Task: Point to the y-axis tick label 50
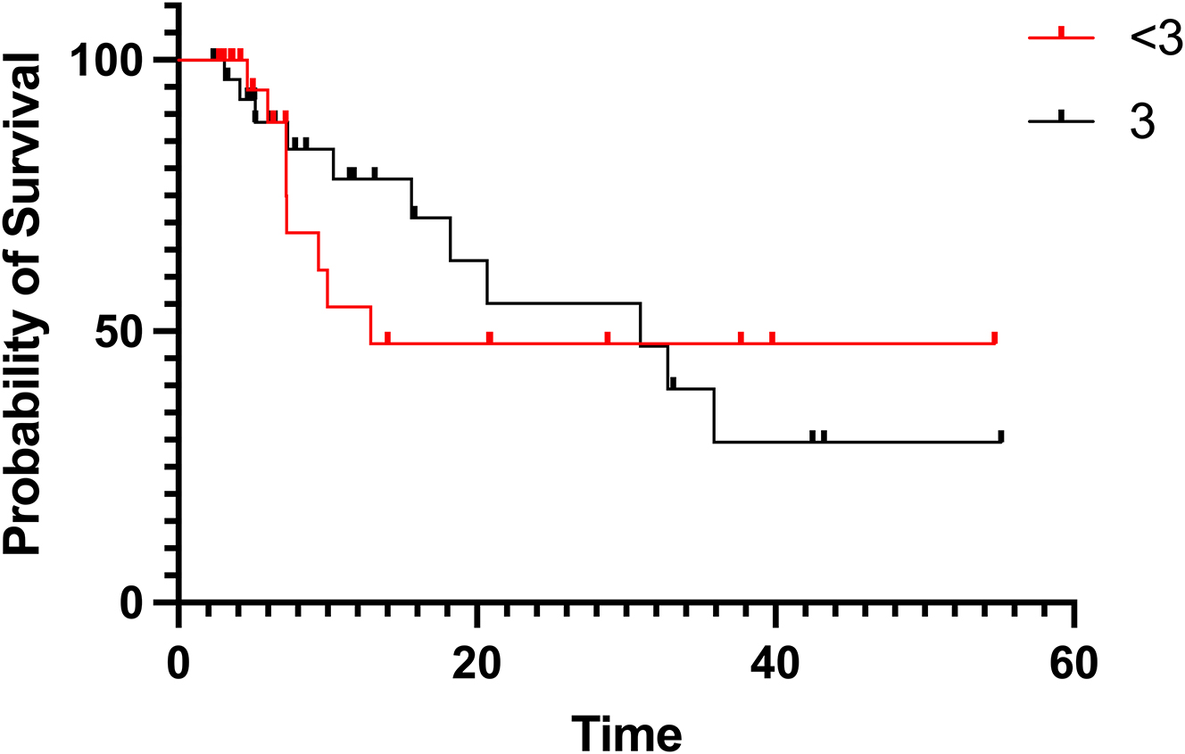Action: point(129,332)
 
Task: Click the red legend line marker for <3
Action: point(1061,37)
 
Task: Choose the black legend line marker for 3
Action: point(1061,119)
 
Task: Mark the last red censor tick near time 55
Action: point(994,338)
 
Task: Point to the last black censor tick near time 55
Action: point(1001,436)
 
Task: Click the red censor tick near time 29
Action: point(608,338)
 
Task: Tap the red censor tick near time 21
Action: point(490,338)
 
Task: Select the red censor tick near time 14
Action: point(387,338)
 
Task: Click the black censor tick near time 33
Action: point(673,383)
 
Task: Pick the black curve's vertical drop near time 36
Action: point(714,416)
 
